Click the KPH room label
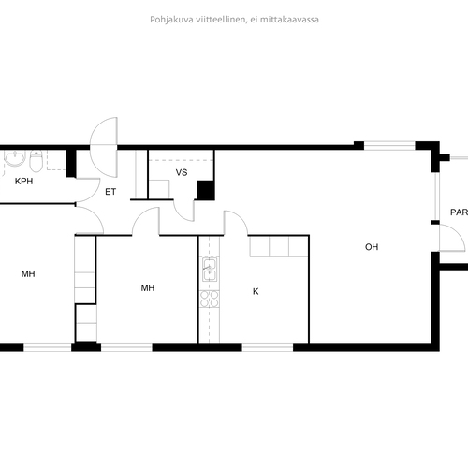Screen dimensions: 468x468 tap(23, 182)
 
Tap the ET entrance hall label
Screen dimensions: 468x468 tap(110, 192)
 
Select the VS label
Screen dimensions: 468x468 tap(182, 172)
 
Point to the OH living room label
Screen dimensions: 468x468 tap(372, 247)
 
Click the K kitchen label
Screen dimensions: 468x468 tap(256, 291)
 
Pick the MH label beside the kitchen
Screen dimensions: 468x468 tap(148, 287)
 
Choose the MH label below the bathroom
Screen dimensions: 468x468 tap(28, 274)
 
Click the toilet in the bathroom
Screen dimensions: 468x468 tap(37, 161)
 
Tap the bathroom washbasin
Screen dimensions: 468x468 tap(15, 158)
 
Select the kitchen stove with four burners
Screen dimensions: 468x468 tap(210, 299)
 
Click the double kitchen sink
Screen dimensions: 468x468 tap(210, 270)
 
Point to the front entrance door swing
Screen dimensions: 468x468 tap(104, 147)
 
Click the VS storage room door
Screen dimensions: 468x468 tap(183, 211)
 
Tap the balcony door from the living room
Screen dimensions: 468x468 tap(452, 238)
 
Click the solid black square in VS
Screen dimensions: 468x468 tap(206, 190)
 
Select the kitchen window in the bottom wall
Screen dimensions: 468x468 tap(268, 347)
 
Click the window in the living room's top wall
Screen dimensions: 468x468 tap(389, 146)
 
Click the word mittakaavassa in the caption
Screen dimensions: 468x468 tap(289, 20)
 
